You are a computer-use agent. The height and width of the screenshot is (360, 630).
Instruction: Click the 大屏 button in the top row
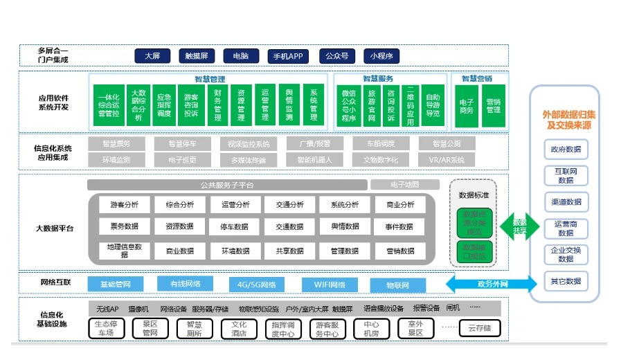(x=152, y=56)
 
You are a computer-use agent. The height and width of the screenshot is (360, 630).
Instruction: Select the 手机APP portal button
(x=287, y=56)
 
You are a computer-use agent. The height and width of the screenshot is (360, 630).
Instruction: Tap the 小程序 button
(x=381, y=56)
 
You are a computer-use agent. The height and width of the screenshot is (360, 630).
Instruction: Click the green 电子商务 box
(x=467, y=106)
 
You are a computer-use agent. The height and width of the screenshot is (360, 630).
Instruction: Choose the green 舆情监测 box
(x=289, y=106)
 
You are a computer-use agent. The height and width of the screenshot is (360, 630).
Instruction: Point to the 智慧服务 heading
(x=377, y=79)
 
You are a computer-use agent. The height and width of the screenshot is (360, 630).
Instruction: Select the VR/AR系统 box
(x=447, y=160)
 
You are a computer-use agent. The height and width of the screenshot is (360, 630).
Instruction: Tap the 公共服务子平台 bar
(x=226, y=185)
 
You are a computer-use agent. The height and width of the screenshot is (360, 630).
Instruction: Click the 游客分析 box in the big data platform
(x=124, y=205)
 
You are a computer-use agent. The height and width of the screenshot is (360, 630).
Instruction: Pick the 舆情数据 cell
(x=344, y=226)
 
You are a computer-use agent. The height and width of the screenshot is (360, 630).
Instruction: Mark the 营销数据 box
(x=400, y=251)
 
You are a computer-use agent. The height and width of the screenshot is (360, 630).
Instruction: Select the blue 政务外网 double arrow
(x=492, y=284)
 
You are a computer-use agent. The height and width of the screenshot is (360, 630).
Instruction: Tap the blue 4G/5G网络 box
(x=256, y=285)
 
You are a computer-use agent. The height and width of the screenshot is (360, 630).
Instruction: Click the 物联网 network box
(x=397, y=285)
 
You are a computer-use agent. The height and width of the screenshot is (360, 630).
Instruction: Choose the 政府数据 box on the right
(x=565, y=149)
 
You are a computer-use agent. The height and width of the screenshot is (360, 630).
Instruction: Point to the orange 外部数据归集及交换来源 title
(x=565, y=120)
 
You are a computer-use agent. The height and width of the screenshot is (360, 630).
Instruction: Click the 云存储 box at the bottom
(x=479, y=328)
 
